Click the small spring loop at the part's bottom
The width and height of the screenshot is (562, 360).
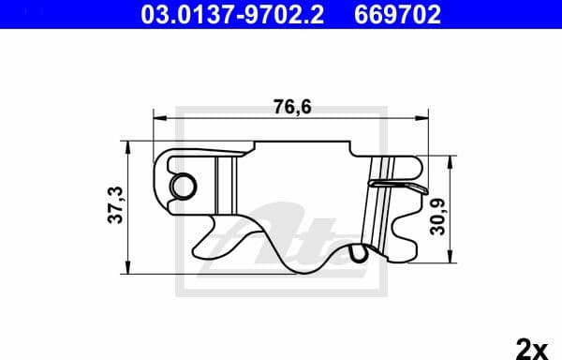click(356, 253)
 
